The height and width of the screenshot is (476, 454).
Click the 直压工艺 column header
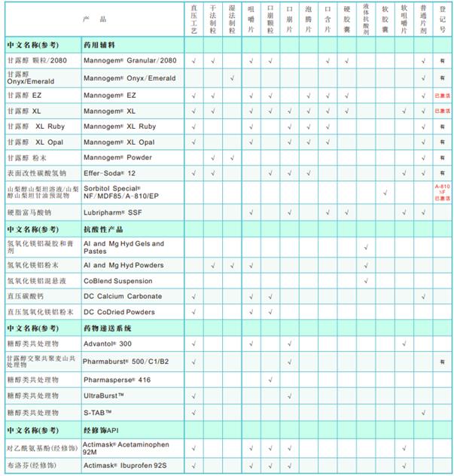(193, 18)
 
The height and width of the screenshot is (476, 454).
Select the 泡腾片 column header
(309, 18)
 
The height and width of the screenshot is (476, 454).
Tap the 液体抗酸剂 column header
(366, 18)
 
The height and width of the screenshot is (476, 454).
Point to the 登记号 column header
(442, 18)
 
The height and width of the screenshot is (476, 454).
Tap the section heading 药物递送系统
(108, 328)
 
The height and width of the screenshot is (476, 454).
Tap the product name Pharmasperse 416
(117, 379)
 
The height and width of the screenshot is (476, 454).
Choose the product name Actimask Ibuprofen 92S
(124, 465)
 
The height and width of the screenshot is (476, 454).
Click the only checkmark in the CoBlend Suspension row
(366, 280)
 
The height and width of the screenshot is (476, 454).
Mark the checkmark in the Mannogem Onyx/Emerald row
(232, 78)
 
